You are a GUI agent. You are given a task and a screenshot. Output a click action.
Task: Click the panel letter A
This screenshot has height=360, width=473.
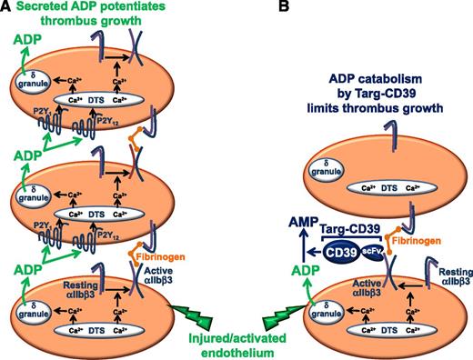coord(7,8)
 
